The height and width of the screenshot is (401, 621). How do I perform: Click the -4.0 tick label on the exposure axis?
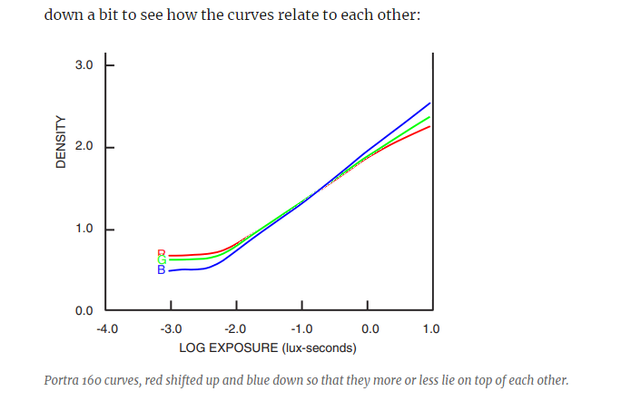click(x=106, y=328)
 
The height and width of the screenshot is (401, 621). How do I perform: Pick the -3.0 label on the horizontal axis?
click(x=171, y=328)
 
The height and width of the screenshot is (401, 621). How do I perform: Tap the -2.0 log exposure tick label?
click(x=236, y=328)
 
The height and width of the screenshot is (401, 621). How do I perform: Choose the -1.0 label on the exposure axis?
click(x=301, y=328)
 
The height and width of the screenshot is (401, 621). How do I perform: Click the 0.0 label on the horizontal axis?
click(x=369, y=328)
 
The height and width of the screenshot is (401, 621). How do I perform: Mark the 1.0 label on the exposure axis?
click(x=431, y=328)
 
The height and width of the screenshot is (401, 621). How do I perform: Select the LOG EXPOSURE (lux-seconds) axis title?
click(x=268, y=347)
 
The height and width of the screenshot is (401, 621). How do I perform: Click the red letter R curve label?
click(x=162, y=254)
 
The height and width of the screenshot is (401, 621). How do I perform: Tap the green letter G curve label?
click(x=162, y=261)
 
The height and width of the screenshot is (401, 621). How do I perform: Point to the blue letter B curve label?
click(x=162, y=269)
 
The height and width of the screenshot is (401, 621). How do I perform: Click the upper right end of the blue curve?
click(x=429, y=103)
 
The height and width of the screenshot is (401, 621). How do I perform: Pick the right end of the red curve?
click(x=429, y=126)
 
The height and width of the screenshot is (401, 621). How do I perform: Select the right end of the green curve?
click(x=429, y=116)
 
